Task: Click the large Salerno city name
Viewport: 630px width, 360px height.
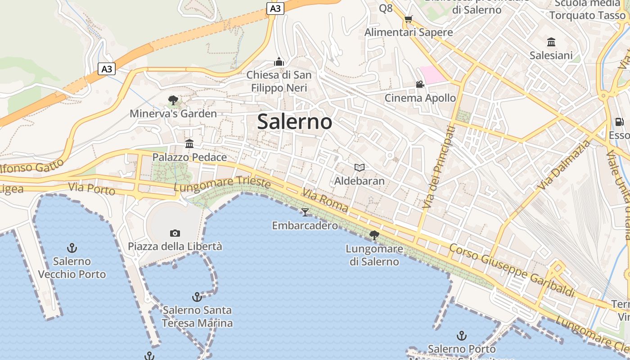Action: pos(295,122)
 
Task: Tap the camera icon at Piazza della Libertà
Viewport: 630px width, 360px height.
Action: pos(175,233)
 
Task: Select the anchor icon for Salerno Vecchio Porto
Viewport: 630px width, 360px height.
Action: pos(72,248)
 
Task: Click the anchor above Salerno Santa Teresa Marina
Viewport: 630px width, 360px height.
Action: pos(197,297)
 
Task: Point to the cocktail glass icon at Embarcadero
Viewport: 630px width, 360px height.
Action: pos(305,212)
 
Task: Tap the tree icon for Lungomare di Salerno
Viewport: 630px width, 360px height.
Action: pos(374,235)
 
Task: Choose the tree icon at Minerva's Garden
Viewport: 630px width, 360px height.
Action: pos(173,100)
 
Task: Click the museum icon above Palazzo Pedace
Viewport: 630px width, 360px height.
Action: pos(189,144)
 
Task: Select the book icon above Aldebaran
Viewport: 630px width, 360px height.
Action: pos(359,168)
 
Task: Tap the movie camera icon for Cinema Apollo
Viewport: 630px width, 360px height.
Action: pos(420,85)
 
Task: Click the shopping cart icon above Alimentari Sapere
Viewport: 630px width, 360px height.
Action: pos(408,19)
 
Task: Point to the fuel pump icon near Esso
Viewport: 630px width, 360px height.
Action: pos(620,122)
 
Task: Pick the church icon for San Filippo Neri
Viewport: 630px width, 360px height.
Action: pos(279,62)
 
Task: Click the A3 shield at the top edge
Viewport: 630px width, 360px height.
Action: pos(275,9)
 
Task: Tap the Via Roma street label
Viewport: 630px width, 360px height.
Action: pos(325,200)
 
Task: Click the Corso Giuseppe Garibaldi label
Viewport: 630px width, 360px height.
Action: pos(512,270)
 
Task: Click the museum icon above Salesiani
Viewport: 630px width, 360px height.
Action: pos(551,42)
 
